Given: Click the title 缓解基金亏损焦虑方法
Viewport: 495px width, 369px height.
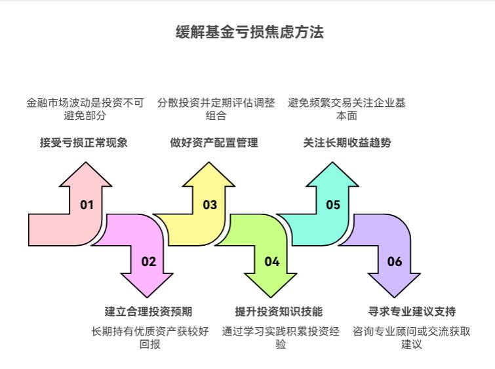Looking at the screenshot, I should tap(250, 32).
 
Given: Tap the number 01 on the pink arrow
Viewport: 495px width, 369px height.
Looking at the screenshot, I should tap(87, 204).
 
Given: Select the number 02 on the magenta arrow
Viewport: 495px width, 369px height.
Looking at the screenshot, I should tap(149, 262).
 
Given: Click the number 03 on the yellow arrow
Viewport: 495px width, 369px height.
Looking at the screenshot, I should tap(210, 204).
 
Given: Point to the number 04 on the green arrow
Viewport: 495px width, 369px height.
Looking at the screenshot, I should tap(272, 262).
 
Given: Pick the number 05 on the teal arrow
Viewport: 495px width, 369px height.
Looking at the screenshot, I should tap(333, 204).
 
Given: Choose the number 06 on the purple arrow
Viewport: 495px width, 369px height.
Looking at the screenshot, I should tap(395, 262).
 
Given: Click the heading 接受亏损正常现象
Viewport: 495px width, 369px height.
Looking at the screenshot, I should tap(84, 142).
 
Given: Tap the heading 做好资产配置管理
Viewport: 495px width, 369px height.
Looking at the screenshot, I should tap(214, 142).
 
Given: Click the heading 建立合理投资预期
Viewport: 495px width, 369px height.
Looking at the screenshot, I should tap(148, 311).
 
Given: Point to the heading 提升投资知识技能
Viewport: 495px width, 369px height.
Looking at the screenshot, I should tap(279, 311).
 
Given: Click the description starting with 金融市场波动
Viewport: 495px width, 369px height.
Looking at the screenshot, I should tap(85, 109).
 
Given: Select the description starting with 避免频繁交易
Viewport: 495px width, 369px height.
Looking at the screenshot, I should tap(347, 109).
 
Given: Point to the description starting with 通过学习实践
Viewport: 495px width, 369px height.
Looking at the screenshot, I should tap(281, 338).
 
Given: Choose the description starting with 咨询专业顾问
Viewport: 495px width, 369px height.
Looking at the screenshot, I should tap(412, 338).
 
